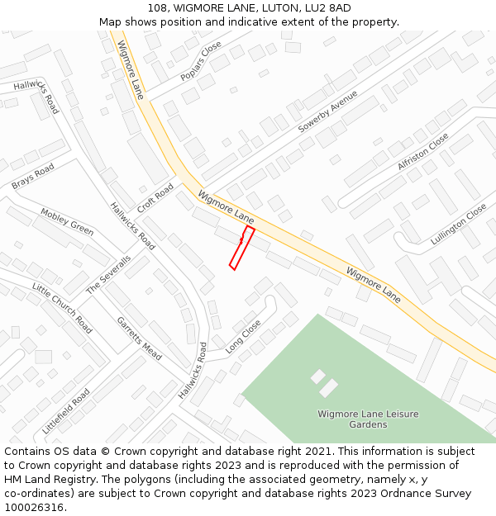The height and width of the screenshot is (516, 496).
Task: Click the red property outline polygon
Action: click(241, 248)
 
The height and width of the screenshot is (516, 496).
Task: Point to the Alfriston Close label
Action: click(422, 151)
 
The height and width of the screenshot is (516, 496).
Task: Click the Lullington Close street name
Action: click(459, 225)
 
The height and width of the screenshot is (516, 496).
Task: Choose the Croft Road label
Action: click(155, 198)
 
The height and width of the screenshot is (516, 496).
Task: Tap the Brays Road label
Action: click(33, 176)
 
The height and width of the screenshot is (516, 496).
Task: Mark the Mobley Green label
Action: click(67, 221)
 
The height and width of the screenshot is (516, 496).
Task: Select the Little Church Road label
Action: click(62, 307)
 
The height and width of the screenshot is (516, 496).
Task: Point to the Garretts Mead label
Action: click(139, 338)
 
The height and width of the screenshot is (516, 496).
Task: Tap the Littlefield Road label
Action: click(66, 411)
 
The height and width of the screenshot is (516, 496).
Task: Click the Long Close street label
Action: click(243, 337)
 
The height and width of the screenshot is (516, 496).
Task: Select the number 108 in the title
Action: click(160, 8)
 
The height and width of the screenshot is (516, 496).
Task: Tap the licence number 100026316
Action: click(33, 507)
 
